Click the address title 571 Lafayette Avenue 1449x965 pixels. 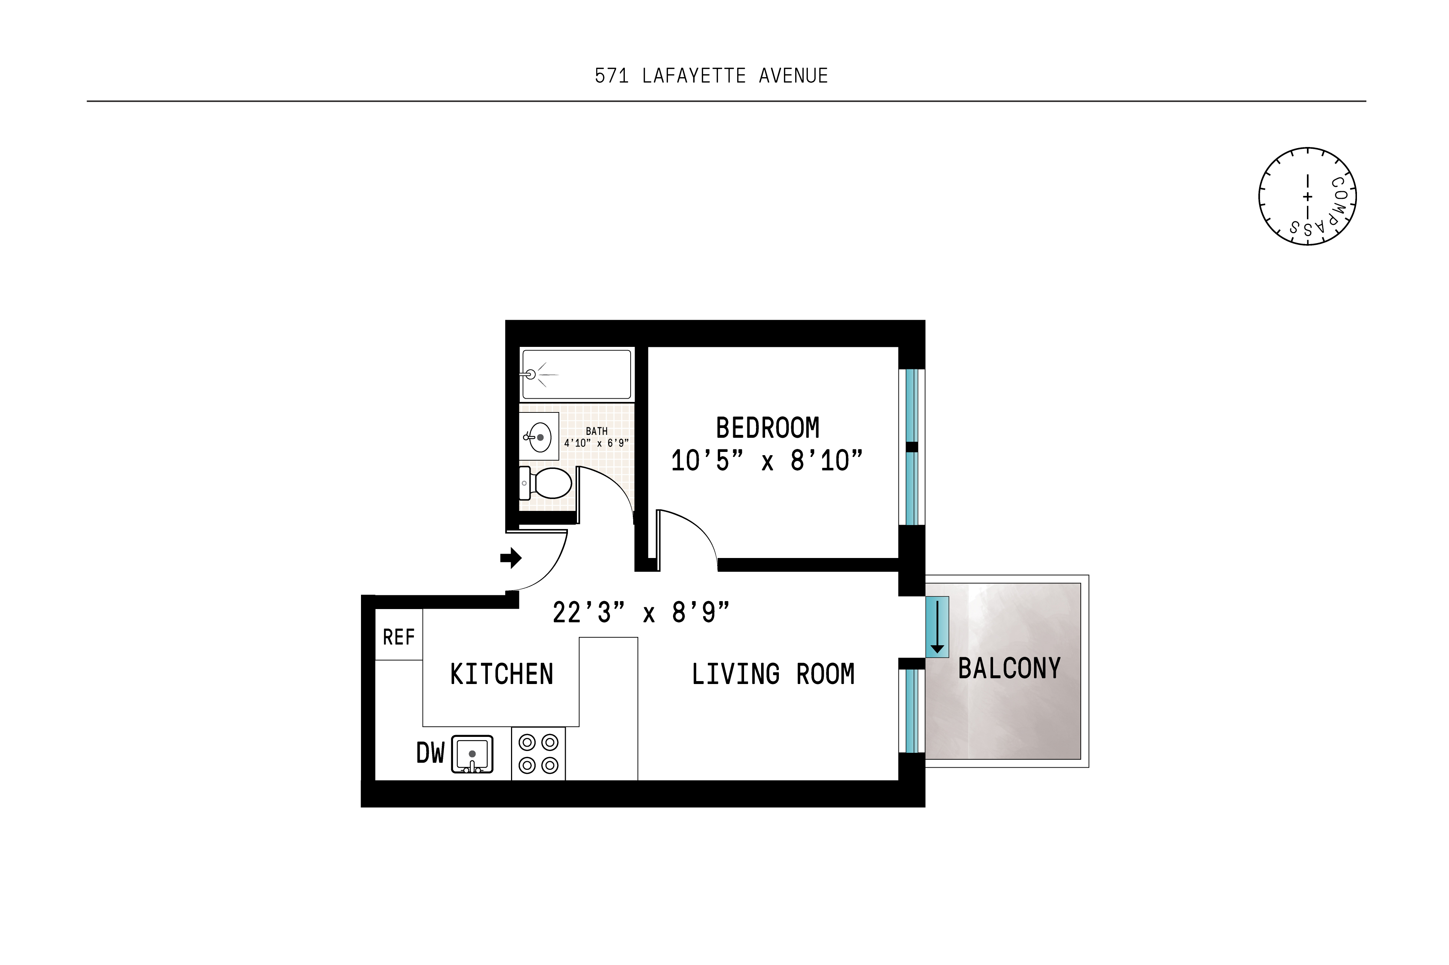coord(711,76)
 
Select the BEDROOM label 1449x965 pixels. coord(767,428)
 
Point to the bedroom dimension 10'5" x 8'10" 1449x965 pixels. coord(767,460)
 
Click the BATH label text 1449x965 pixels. coord(596,431)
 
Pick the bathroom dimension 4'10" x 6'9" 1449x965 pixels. coord(596,442)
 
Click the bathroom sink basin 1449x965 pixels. coord(539,437)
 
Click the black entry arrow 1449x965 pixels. coord(511,558)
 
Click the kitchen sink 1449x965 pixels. coord(472,754)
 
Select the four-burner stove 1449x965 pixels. coord(538,754)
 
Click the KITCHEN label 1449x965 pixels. coord(501,674)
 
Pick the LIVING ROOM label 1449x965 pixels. coord(773,674)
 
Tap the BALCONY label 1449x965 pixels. coord(1009,668)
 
